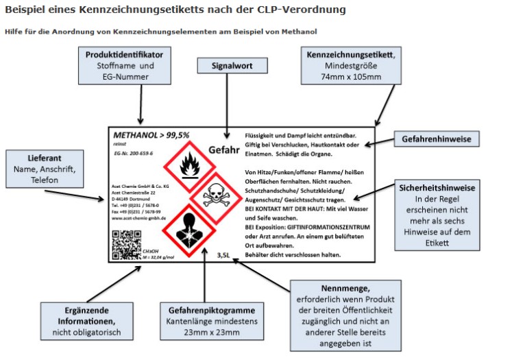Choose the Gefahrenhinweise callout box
[x=436, y=139]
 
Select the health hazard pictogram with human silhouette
[x=186, y=230]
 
